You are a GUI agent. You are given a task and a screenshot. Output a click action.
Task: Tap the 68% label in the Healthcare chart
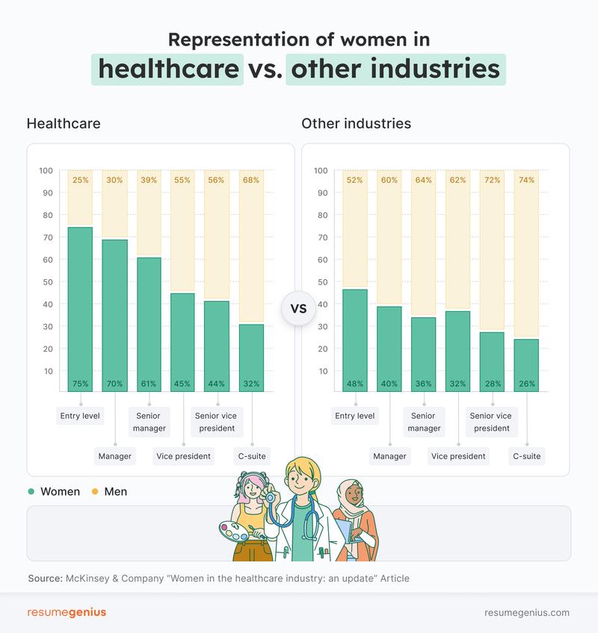[x=252, y=180]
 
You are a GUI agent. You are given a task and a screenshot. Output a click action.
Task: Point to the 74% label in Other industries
[x=526, y=180]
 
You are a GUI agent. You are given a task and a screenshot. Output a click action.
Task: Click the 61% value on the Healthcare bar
[x=149, y=384]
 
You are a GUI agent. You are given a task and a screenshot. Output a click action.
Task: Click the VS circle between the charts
[x=298, y=309]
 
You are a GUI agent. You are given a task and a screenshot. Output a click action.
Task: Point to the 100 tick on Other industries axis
[x=321, y=171]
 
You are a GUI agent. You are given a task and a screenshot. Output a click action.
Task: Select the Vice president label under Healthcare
[x=183, y=455]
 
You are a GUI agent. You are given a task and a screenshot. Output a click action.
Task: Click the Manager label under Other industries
[x=389, y=455]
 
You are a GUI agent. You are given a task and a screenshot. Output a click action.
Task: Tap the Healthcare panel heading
[x=64, y=123]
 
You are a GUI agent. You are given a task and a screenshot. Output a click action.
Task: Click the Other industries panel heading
[x=356, y=123]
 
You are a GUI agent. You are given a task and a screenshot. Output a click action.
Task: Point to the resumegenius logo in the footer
[x=67, y=612]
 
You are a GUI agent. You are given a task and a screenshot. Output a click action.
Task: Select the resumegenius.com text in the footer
[x=527, y=612]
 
